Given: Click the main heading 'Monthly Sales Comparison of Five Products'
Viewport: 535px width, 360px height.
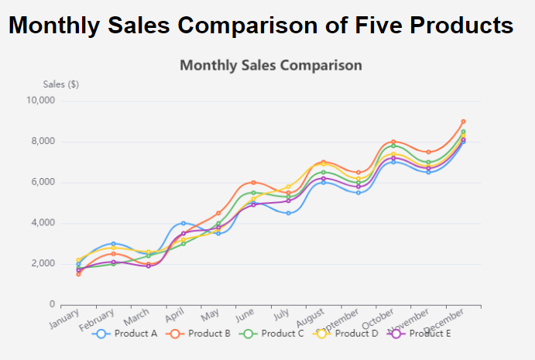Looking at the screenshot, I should pos(261,25).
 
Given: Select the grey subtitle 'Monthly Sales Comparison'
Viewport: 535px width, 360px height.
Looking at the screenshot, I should pos(270,65).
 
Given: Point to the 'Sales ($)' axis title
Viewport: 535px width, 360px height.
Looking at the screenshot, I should pos(60,84).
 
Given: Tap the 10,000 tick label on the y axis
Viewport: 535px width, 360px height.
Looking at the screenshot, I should pos(40,101).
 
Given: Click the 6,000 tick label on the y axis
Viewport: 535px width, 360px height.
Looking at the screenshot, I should pos(43,183).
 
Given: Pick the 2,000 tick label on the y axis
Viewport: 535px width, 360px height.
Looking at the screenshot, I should pos(43,264).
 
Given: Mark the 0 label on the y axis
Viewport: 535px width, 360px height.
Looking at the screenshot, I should pos(52,304).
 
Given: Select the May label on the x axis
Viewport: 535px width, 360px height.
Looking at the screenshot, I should pos(211,317).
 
